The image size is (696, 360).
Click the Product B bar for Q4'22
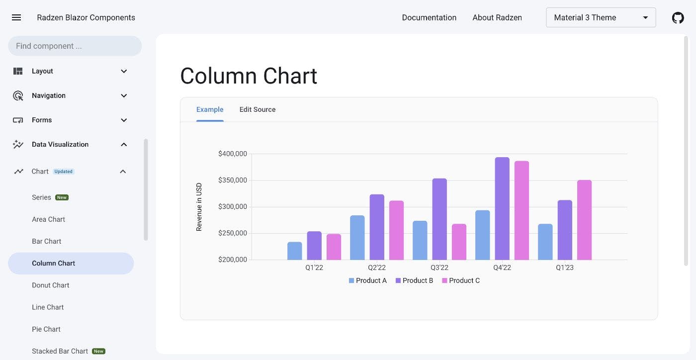pyautogui.click(x=502, y=209)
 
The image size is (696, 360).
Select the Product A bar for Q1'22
pyautogui.click(x=294, y=251)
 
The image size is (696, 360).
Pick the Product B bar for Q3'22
pyautogui.click(x=439, y=219)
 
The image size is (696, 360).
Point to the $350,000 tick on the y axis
pyautogui.click(x=232, y=180)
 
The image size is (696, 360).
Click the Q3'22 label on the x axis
pyautogui.click(x=439, y=268)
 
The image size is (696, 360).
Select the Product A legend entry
pyautogui.click(x=368, y=280)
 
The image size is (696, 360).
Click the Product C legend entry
pyautogui.click(x=461, y=280)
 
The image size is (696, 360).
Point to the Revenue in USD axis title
pyautogui.click(x=199, y=207)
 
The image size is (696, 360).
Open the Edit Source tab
pyautogui.click(x=257, y=109)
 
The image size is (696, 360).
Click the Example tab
pyautogui.click(x=210, y=109)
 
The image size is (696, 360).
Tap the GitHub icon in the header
pyautogui.click(x=678, y=18)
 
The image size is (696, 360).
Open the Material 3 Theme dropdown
pyautogui.click(x=601, y=17)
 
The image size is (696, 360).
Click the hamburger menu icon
pyautogui.click(x=16, y=17)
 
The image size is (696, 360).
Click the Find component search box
pyautogui.click(x=75, y=46)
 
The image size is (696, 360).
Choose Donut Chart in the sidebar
pyautogui.click(x=51, y=285)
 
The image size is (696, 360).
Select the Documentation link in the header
pyautogui.click(x=429, y=17)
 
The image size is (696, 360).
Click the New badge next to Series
pyautogui.click(x=62, y=197)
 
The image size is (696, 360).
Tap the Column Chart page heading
pyautogui.click(x=249, y=76)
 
